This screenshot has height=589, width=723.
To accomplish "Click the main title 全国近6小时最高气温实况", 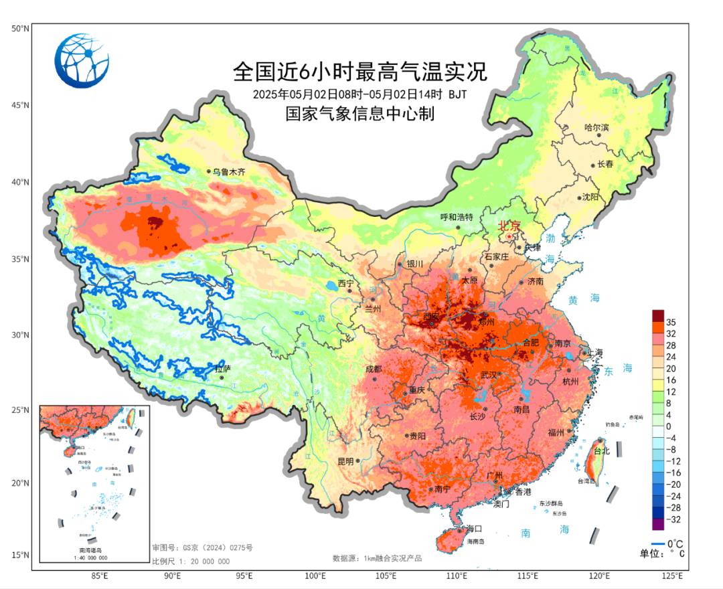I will (x=359, y=70).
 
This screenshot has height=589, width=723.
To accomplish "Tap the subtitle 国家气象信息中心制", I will (x=359, y=114).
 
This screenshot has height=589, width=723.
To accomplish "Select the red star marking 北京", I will (x=510, y=236).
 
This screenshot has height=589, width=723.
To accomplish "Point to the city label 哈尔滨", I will (x=596, y=127).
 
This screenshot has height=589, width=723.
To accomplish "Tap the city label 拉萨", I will (x=222, y=369).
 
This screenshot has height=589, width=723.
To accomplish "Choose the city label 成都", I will (x=373, y=369).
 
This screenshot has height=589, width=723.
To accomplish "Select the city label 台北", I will (x=602, y=451).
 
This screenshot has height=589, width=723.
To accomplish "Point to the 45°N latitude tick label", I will (x=20, y=105).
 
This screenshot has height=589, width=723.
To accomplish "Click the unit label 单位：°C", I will (x=662, y=553).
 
